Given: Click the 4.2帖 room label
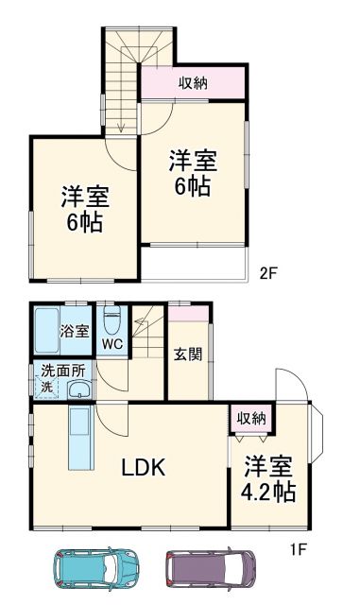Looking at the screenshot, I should tap(268, 480).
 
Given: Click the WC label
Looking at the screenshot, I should tap(112, 344).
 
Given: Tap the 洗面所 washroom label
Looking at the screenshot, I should tap(61, 372).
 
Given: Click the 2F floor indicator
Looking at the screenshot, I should tap(268, 274).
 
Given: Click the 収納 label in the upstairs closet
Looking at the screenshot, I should tap(193, 83).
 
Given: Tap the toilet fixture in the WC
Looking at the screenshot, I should tap(111, 322).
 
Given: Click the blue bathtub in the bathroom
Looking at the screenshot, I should tap(46, 331).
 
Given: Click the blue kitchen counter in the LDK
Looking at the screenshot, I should tap(79, 439).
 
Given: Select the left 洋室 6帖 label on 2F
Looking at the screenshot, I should tap(85, 210).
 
